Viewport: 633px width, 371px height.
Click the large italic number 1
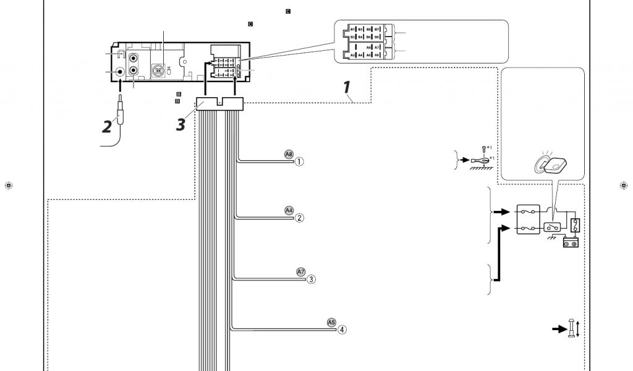(348, 87)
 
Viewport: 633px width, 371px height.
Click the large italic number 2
(108, 127)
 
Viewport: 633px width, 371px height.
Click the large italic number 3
(181, 124)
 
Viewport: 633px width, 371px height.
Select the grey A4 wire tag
(289, 210)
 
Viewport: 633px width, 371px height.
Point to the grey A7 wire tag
(301, 271)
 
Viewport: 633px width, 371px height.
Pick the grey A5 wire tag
(331, 322)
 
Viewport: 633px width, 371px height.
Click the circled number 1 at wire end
(299, 162)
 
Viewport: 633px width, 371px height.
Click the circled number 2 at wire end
(299, 218)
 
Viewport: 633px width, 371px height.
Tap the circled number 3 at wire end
(312, 279)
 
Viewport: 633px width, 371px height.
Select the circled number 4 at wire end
(342, 330)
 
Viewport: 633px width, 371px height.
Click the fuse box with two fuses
(529, 220)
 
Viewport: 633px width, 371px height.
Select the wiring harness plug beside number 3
(219, 104)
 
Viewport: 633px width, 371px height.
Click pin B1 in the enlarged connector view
(353, 30)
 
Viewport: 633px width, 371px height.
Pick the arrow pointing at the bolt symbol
(559, 329)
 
